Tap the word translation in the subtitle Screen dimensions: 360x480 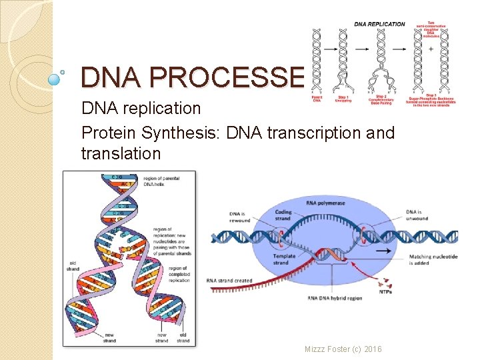[121, 153]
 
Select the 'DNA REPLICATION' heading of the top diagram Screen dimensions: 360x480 [379, 25]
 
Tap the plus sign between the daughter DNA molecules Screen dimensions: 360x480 [431, 49]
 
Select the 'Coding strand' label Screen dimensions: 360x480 [282, 215]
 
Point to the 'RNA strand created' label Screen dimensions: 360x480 [229, 281]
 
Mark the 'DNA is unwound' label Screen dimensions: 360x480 [417, 215]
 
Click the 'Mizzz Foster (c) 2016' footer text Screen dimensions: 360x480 [343, 349]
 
